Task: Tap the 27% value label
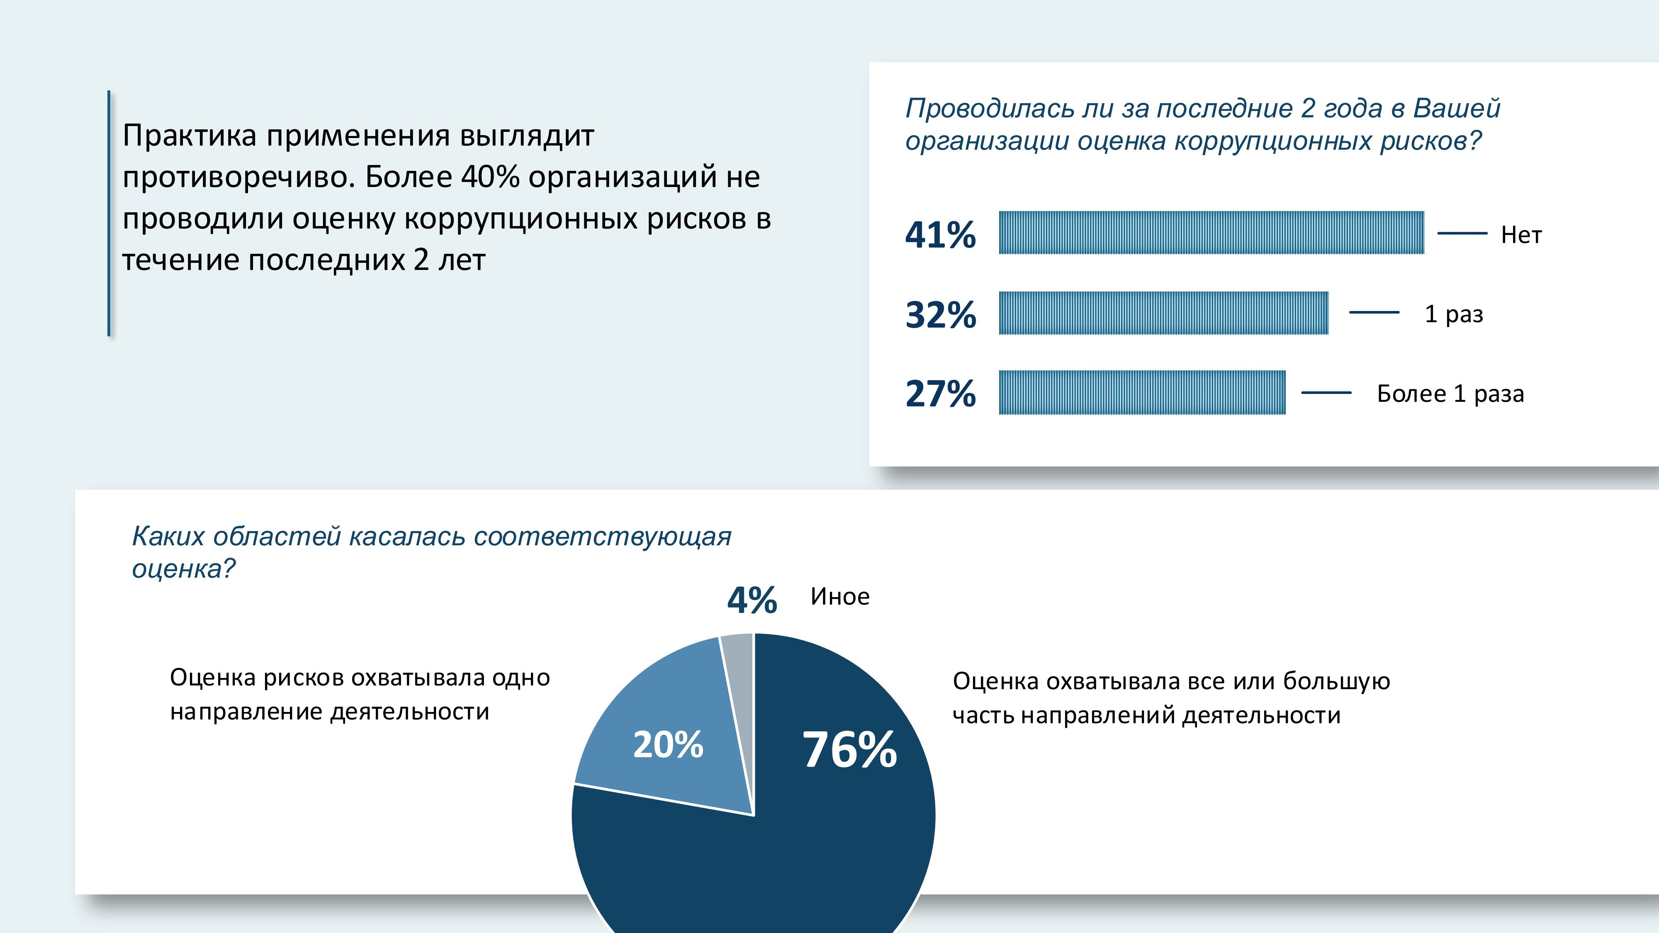pyautogui.click(x=940, y=394)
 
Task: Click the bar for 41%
pyautogui.click(x=1211, y=233)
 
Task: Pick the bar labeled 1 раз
pyautogui.click(x=1163, y=313)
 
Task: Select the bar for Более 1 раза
pyautogui.click(x=1142, y=392)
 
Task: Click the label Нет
pyautogui.click(x=1521, y=235)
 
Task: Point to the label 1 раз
pyautogui.click(x=1454, y=314)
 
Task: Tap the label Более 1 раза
pyautogui.click(x=1450, y=394)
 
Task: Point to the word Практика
pyautogui.click(x=190, y=136)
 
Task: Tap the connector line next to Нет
pyautogui.click(x=1462, y=233)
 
